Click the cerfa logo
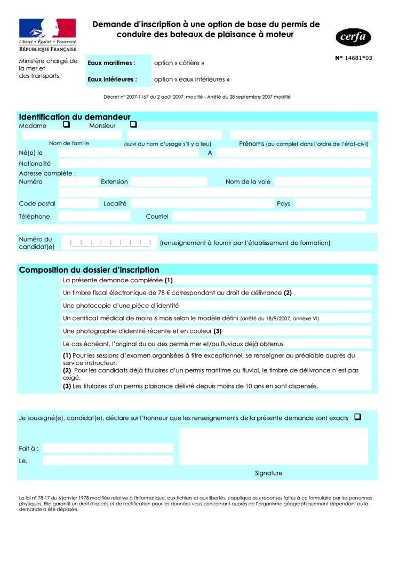click(x=353, y=37)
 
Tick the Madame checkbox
click(x=67, y=125)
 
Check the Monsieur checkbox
click(x=133, y=125)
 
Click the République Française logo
click(x=47, y=35)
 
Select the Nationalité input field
click(x=214, y=164)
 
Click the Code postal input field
click(x=78, y=203)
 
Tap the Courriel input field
click(x=269, y=216)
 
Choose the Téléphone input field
click(x=94, y=216)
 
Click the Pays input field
click(x=332, y=203)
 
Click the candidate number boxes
click(x=110, y=243)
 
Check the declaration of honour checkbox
click(x=357, y=417)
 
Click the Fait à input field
click(x=108, y=448)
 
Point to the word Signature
click(x=268, y=473)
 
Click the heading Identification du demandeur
click(x=75, y=117)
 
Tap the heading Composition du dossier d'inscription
click(x=89, y=270)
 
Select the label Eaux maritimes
click(x=111, y=63)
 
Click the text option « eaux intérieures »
click(x=191, y=80)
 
